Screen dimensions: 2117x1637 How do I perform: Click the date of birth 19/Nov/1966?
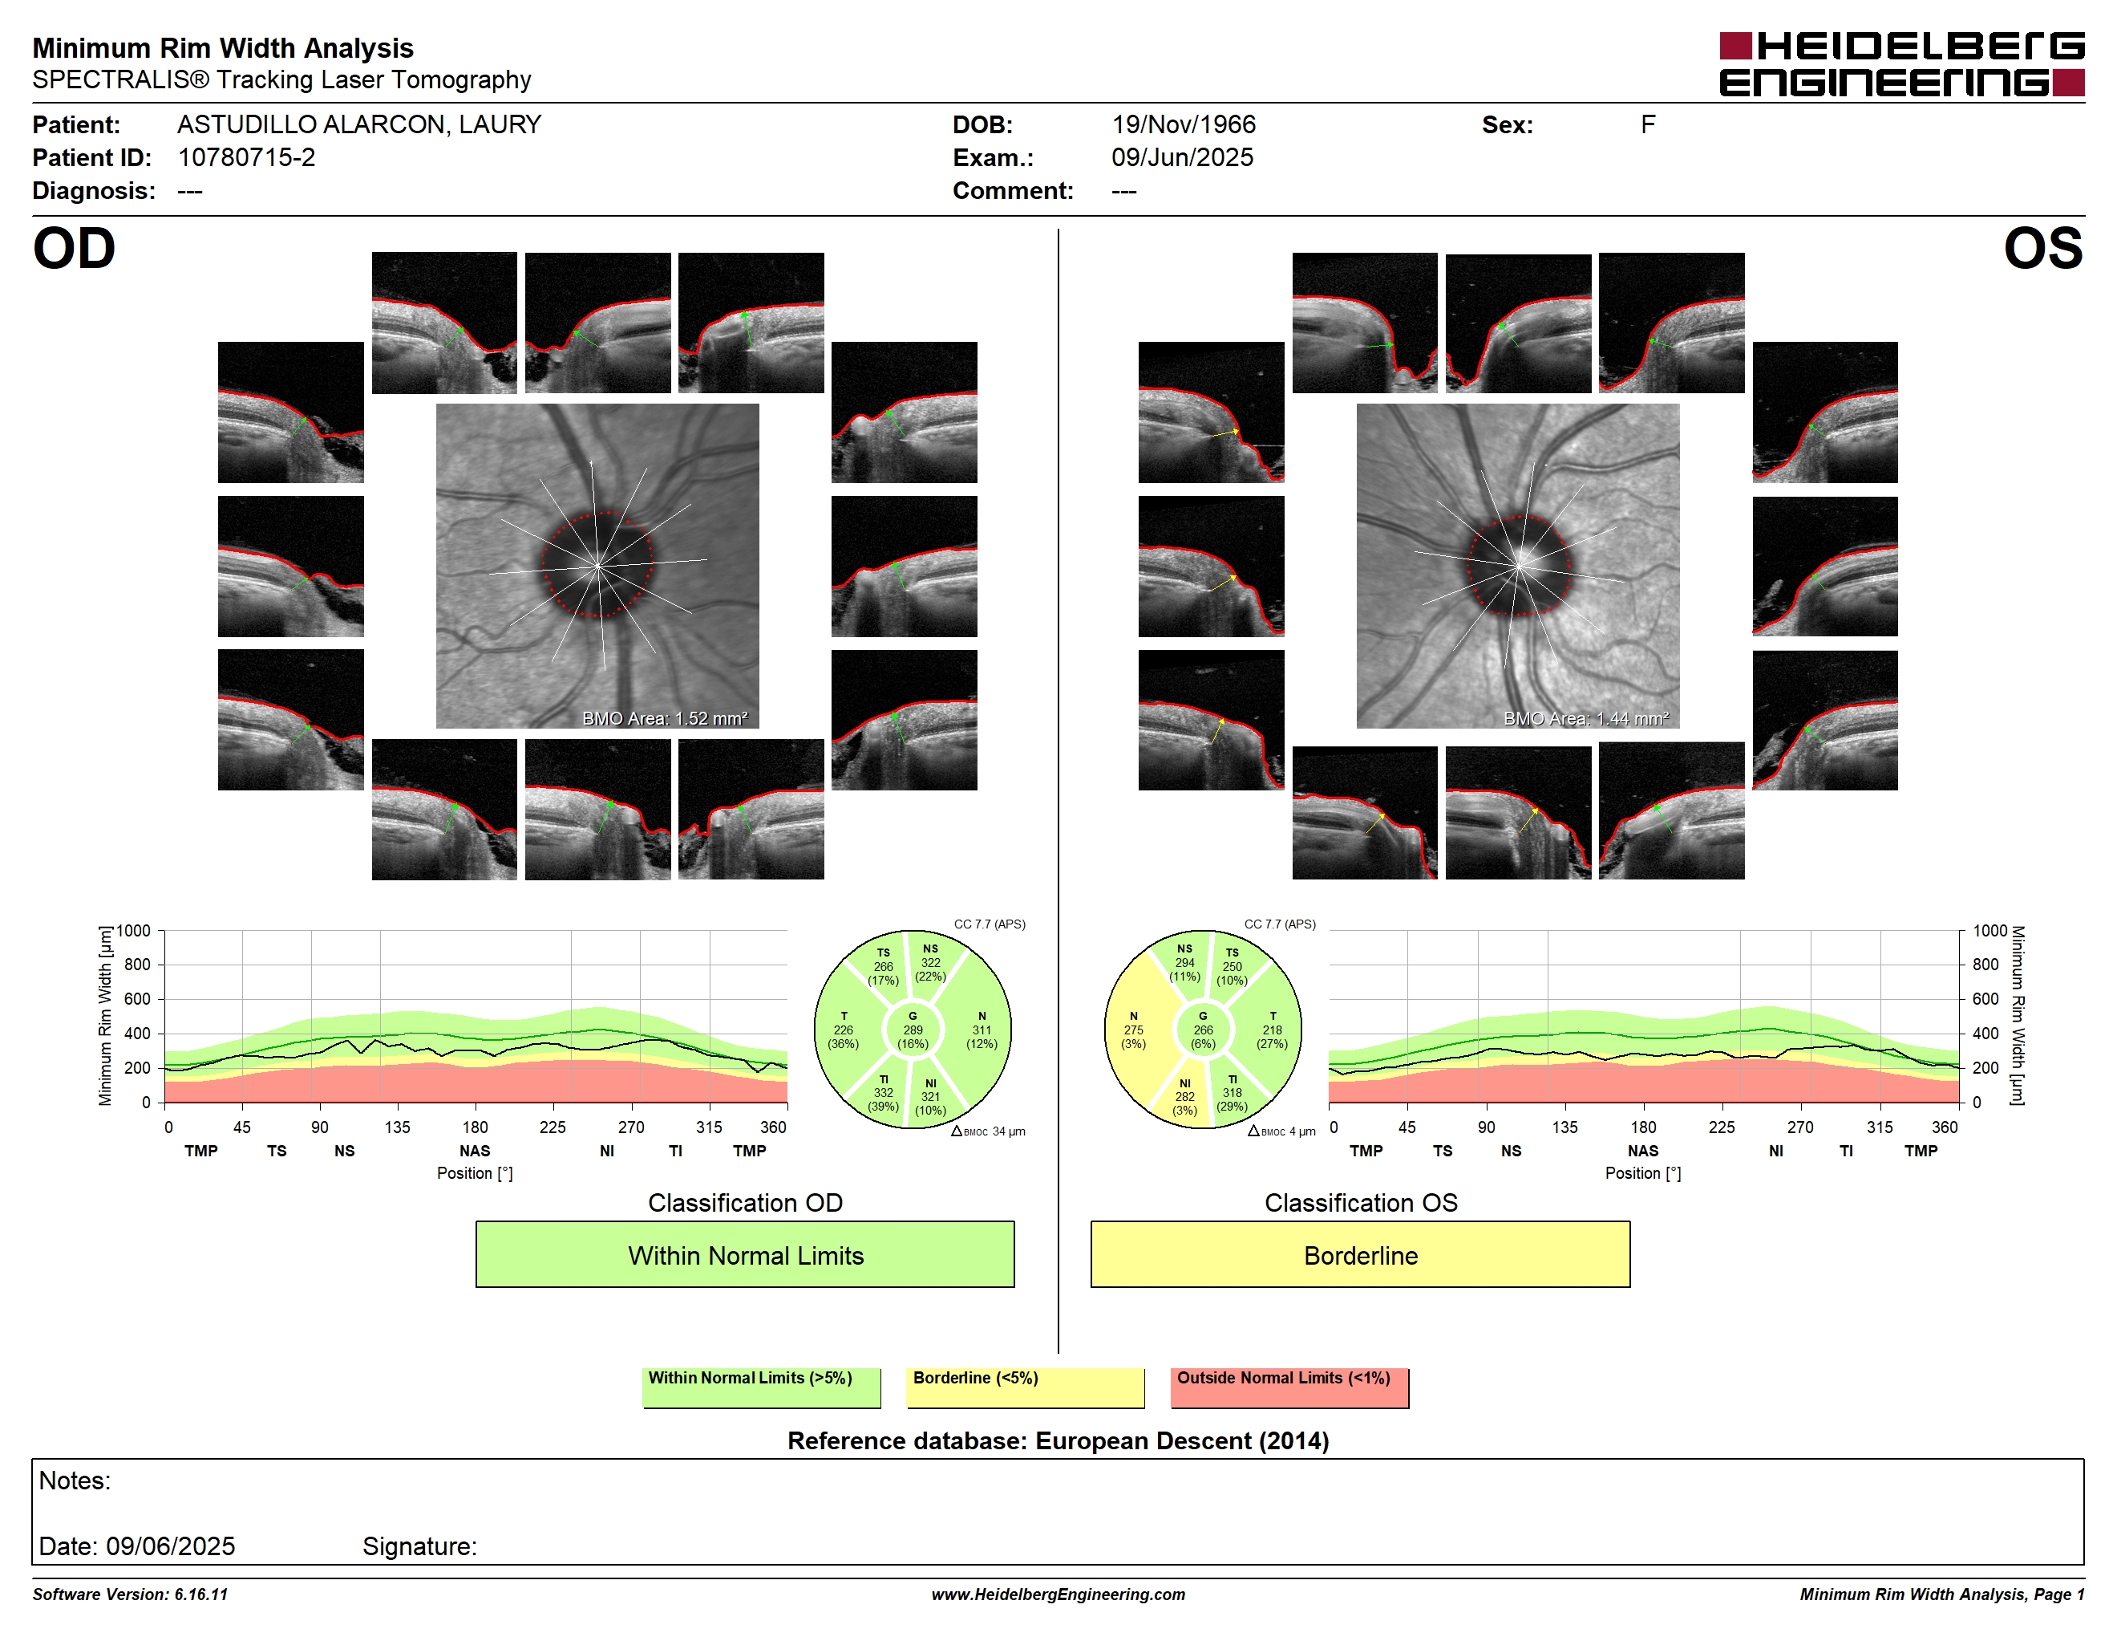1183,125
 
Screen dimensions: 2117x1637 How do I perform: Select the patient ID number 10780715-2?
246,157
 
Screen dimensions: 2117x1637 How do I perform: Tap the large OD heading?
74,248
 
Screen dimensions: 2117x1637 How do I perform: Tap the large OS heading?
2043,248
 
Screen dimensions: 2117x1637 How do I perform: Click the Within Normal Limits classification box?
744,1254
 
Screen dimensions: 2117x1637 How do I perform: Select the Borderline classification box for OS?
1360,1254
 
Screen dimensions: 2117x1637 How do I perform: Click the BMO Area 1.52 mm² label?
665,719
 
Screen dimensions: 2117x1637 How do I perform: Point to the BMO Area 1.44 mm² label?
1586,719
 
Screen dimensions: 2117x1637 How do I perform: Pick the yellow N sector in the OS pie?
1133,1030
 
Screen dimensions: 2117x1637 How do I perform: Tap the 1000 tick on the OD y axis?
134,931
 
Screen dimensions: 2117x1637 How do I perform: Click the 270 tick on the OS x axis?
1800,1127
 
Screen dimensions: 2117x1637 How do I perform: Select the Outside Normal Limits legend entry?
1289,1387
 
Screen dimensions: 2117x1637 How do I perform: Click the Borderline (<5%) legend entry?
1025,1387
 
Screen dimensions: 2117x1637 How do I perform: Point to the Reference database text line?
1058,1440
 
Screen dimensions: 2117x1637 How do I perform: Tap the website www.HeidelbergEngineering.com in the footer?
1058,1594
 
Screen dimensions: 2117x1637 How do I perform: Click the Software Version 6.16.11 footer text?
130,1594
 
